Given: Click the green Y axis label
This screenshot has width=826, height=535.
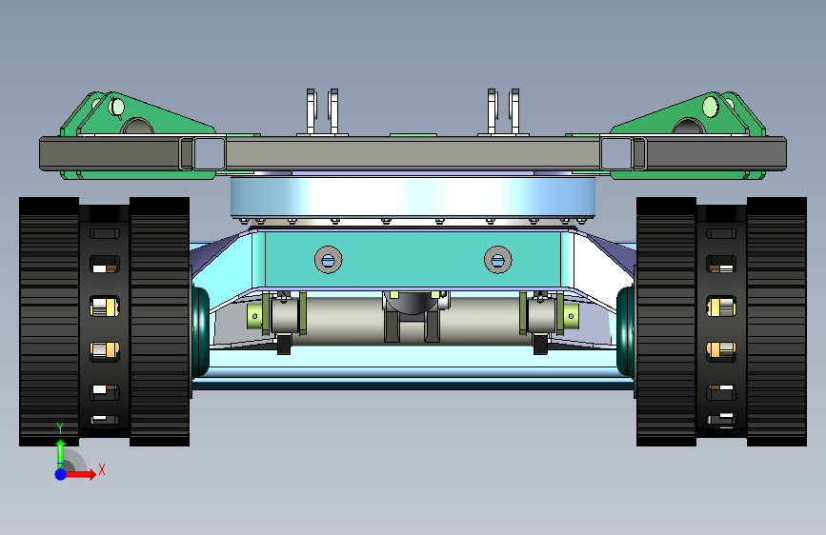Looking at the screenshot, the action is click(x=60, y=428).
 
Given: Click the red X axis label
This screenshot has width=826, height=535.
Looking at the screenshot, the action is click(x=102, y=469).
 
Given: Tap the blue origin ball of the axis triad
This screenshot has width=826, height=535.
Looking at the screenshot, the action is click(x=61, y=474).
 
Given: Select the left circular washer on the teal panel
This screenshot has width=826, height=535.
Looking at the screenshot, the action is click(x=328, y=260).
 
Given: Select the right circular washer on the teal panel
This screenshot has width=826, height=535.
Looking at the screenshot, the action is click(x=498, y=260).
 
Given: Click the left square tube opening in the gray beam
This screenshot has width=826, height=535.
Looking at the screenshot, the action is click(x=210, y=154).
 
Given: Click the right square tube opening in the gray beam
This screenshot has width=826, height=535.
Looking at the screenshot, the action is click(x=615, y=154).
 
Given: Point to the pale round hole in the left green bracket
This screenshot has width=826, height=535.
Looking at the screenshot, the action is click(x=116, y=108).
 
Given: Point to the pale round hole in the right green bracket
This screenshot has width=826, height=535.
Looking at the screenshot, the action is click(x=710, y=107).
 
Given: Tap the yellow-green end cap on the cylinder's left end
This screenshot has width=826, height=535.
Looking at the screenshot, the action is click(x=254, y=316).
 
